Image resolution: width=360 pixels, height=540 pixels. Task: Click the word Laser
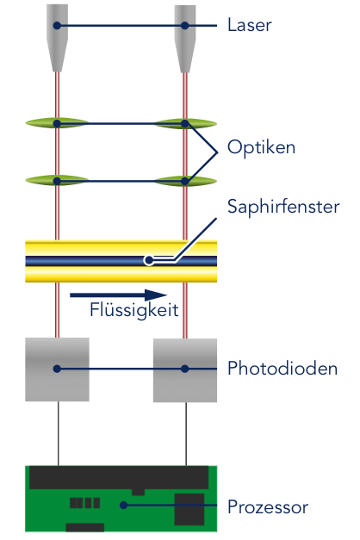[x=249, y=25]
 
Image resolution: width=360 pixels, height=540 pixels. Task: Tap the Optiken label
[x=261, y=147]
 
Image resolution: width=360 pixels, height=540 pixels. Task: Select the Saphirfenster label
[x=282, y=207]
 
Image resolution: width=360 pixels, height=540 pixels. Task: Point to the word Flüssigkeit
[x=133, y=310]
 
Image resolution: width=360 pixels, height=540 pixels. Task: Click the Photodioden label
[x=282, y=369]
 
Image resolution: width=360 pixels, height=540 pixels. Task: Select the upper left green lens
[x=57, y=123]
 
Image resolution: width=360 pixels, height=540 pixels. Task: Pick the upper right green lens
[x=184, y=123]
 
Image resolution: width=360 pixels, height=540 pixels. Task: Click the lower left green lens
[x=57, y=180]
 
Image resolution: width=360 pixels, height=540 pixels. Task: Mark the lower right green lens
[x=184, y=180]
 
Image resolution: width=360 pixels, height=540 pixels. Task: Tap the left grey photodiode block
[x=57, y=369]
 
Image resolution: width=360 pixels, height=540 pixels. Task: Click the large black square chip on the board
[x=188, y=510]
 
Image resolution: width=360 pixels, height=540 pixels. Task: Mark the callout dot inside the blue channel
[x=148, y=258]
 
